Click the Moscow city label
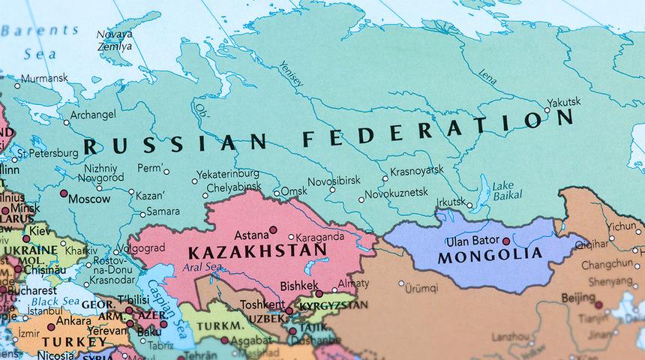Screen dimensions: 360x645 coord(89,199)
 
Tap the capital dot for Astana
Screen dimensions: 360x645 coord(274,229)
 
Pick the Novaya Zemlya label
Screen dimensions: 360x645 coord(115,39)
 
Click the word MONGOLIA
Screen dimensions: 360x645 coord(478,257)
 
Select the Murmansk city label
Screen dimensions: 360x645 coord(44,77)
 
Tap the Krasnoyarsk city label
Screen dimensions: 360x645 coord(416,170)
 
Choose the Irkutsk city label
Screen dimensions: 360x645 coord(450,202)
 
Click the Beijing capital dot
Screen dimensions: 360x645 coord(598,304)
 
